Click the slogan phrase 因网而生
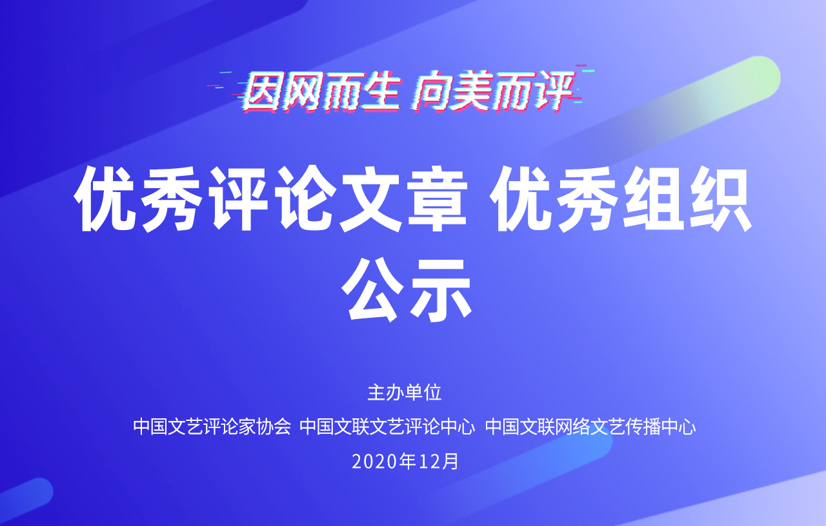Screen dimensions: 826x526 (321, 92)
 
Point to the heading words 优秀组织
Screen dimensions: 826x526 (621, 199)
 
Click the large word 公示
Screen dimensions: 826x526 (407, 289)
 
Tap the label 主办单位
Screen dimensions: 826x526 (405, 393)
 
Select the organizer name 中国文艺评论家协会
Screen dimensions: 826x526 (212, 427)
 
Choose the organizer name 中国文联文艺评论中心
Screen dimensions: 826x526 (387, 427)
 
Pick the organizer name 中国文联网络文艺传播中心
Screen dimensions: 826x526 (590, 427)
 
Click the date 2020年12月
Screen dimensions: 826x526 (405, 461)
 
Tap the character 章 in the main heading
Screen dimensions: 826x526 (437, 199)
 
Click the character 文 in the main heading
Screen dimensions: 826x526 (370, 199)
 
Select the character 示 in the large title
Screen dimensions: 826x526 (441, 289)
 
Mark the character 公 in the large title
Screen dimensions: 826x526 (373, 289)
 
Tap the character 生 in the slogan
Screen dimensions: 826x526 (381, 92)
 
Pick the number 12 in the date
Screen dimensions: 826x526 (428, 462)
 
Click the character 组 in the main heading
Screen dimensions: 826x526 (654, 199)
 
